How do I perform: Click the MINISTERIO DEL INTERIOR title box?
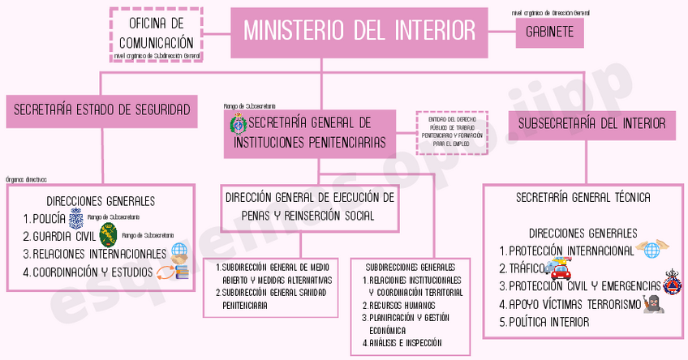360,32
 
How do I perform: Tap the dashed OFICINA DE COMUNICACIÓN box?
156,35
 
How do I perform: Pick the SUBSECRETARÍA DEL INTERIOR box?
591,124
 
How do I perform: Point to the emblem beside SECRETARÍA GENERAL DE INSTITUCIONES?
239,124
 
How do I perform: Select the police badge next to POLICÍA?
75,218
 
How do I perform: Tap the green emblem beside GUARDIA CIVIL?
108,236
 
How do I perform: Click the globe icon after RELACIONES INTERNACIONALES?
179,253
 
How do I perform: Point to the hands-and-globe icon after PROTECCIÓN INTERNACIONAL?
649,248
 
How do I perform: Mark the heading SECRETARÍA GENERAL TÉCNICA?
583,197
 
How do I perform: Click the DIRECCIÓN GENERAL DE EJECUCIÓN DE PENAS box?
310,206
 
